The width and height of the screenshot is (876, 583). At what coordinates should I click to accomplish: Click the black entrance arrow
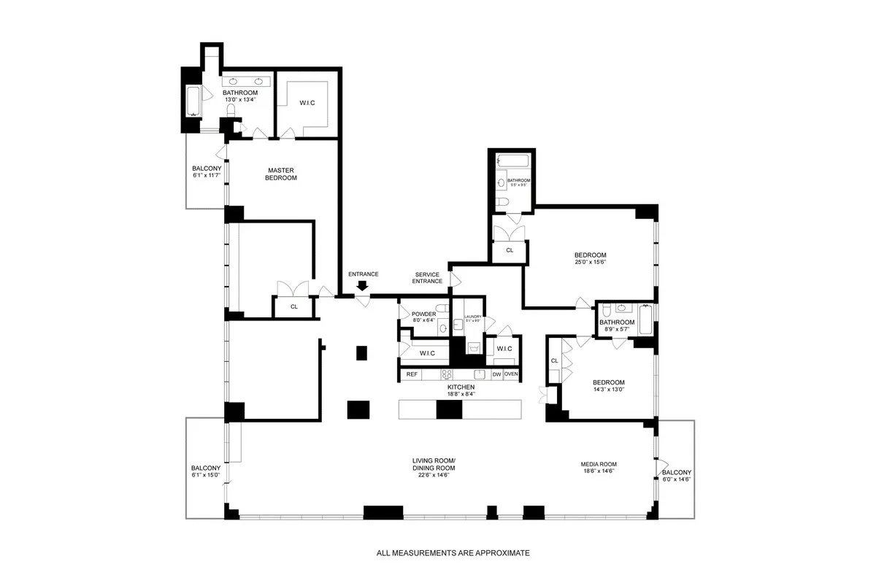pyautogui.click(x=363, y=286)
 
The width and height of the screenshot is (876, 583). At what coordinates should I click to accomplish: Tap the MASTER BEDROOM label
pyautogui.click(x=281, y=173)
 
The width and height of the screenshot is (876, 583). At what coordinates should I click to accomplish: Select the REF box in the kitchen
pyautogui.click(x=412, y=374)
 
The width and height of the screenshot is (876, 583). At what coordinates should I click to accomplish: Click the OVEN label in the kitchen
pyautogui.click(x=511, y=374)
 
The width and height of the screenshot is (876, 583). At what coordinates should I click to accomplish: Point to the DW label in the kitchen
pyautogui.click(x=496, y=374)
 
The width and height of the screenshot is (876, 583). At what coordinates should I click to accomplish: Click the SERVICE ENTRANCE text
pyautogui.click(x=427, y=278)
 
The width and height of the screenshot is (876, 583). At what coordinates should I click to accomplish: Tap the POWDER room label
pyautogui.click(x=423, y=314)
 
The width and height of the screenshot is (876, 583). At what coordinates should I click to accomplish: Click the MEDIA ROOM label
pyautogui.click(x=599, y=464)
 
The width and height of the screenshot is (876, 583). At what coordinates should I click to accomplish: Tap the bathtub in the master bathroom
pyautogui.click(x=193, y=102)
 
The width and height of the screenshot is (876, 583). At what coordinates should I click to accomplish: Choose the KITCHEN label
pyautogui.click(x=461, y=387)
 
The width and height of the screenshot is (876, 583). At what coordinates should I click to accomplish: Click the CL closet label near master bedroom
pyautogui.click(x=294, y=307)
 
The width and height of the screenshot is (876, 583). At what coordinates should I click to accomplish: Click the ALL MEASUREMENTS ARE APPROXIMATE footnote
pyautogui.click(x=453, y=553)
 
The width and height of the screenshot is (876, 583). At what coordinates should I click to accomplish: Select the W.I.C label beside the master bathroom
pyautogui.click(x=307, y=103)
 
